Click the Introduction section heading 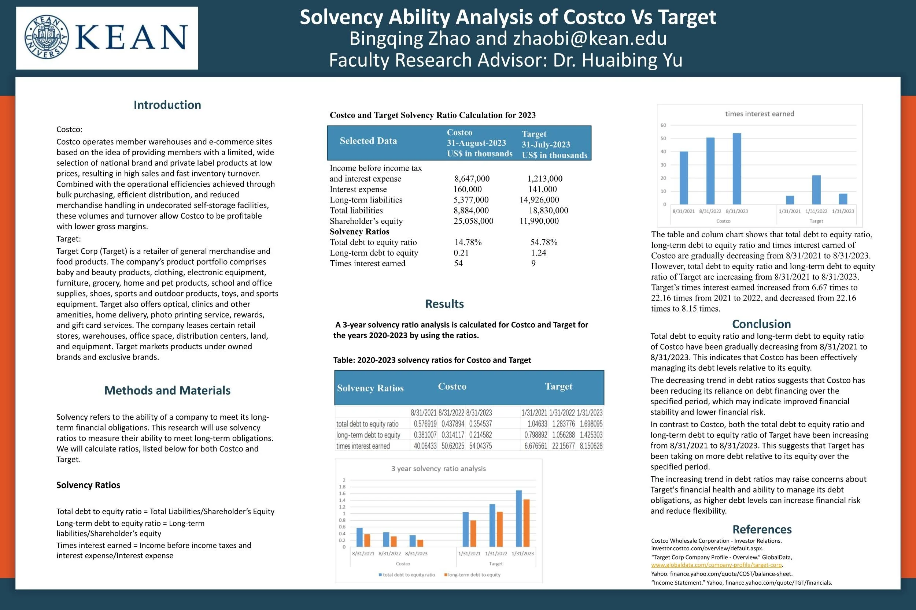[x=167, y=105]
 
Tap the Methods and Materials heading [x=167, y=390]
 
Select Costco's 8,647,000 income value [x=472, y=179]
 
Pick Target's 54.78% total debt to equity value [x=543, y=242]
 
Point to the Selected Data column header [x=368, y=141]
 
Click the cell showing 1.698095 [x=591, y=424]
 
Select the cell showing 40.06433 [x=425, y=446]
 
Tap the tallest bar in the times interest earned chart [x=736, y=168]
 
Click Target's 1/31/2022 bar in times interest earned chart [x=816, y=189]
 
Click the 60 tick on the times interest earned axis [x=663, y=125]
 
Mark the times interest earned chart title [x=760, y=114]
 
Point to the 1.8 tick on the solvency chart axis [x=342, y=487]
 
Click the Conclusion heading [x=761, y=324]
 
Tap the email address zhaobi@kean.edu [x=590, y=38]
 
